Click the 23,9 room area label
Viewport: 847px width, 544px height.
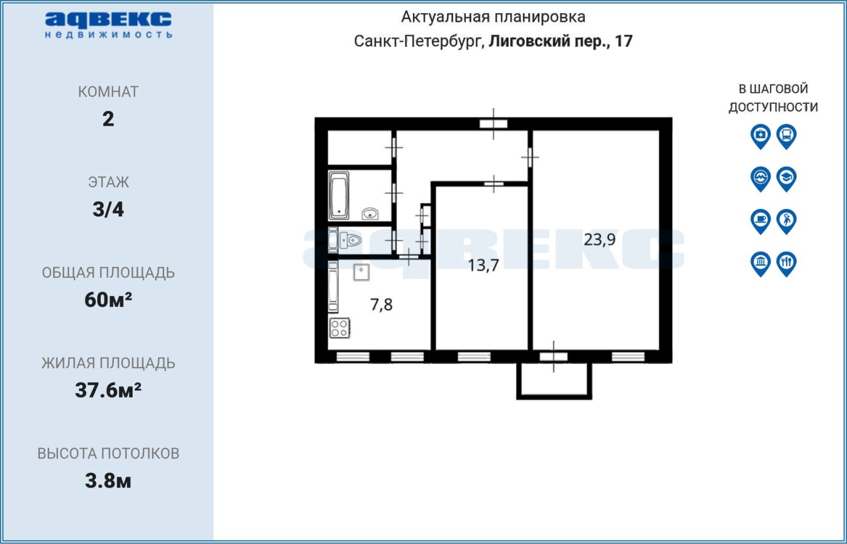(600, 240)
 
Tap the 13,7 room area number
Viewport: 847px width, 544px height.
(483, 265)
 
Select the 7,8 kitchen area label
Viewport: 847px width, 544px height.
(381, 305)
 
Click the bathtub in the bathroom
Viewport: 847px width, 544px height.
(339, 196)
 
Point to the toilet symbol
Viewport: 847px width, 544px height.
(350, 240)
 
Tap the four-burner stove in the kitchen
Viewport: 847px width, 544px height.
(339, 328)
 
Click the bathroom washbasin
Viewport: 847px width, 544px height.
(370, 214)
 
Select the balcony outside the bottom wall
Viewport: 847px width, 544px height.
(554, 381)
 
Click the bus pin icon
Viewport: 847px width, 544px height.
(787, 136)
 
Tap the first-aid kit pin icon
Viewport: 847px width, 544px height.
(760, 136)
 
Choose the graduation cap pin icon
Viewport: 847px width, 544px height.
(787, 179)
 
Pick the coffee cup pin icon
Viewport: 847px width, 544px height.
(760, 221)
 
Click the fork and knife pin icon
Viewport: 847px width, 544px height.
(787, 263)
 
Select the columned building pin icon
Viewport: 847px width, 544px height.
(760, 263)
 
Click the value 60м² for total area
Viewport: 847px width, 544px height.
(108, 300)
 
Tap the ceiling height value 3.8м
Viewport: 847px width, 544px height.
(108, 481)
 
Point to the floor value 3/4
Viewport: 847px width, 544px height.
(108, 209)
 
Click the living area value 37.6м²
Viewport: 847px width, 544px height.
(108, 390)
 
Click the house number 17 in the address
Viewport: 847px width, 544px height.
(623, 41)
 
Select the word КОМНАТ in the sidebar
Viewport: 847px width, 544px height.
(108, 92)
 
